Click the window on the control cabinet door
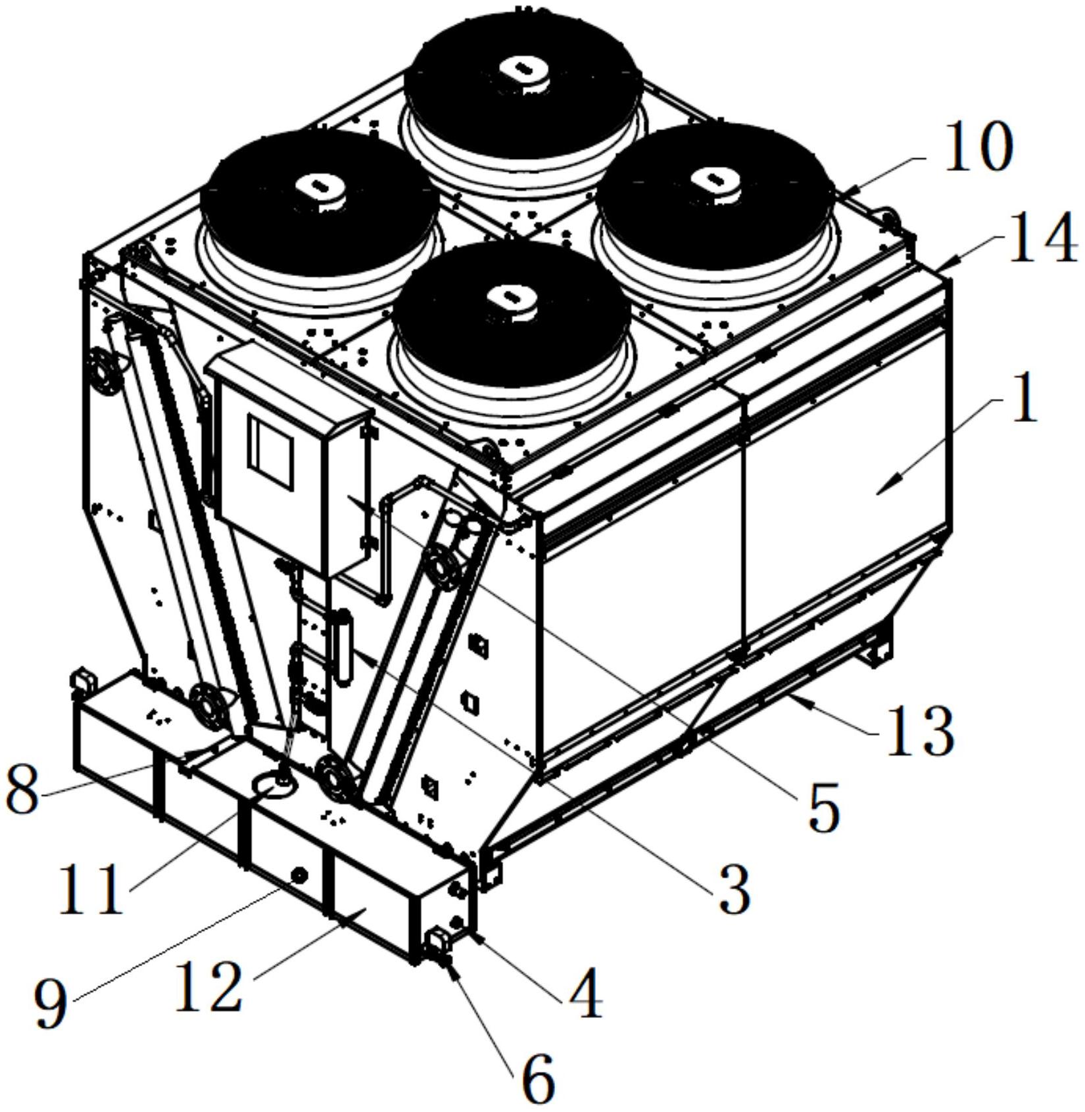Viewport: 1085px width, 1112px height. (x=270, y=452)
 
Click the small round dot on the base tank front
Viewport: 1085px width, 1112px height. (x=299, y=875)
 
